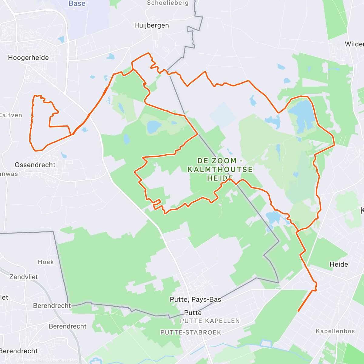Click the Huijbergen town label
click(x=151, y=25)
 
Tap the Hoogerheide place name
click(x=28, y=58)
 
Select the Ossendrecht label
click(x=35, y=165)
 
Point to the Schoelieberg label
click(x=168, y=3)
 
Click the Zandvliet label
click(x=24, y=277)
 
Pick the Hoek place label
click(x=46, y=262)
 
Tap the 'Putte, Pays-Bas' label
click(x=195, y=300)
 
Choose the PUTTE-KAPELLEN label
click(x=210, y=321)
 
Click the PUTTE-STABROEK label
click(x=191, y=332)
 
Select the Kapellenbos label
click(x=335, y=331)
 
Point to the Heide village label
click(x=339, y=265)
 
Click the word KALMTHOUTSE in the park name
click(x=220, y=169)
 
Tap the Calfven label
click(x=11, y=115)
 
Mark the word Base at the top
click(x=77, y=4)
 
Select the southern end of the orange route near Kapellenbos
click(x=298, y=311)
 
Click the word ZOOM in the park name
click(x=225, y=161)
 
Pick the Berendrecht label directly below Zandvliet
click(x=52, y=306)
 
